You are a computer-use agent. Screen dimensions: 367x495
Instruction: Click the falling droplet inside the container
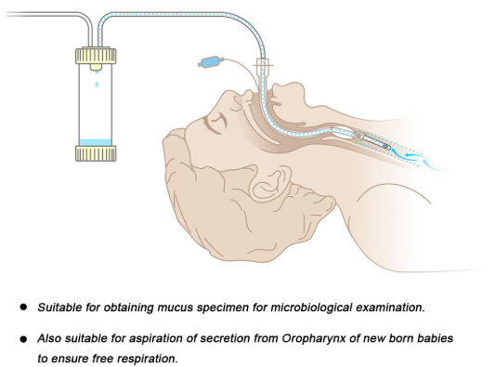click(x=96, y=85)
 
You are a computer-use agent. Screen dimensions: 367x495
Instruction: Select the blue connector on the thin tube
click(x=210, y=64)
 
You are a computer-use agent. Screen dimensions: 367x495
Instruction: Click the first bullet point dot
click(x=22, y=306)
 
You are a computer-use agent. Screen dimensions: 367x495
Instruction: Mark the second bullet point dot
click(x=22, y=339)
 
